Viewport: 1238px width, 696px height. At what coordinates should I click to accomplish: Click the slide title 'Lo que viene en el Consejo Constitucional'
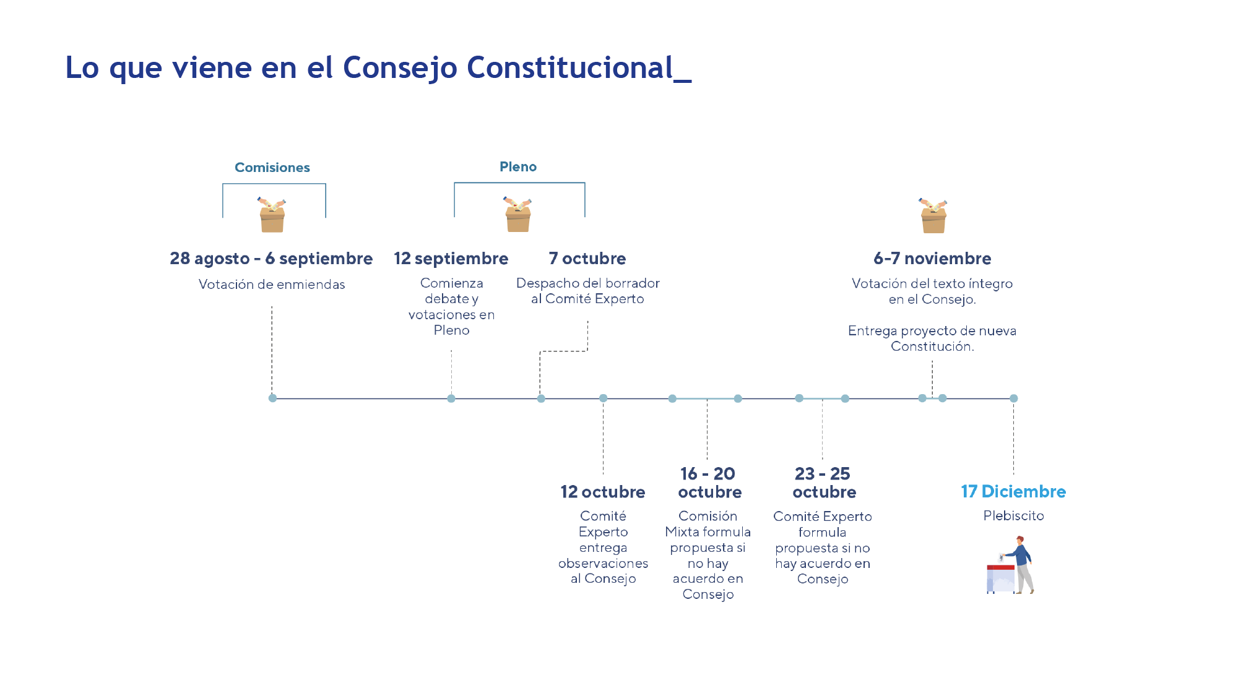pos(378,67)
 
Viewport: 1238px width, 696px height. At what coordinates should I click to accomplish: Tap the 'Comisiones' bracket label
pos(272,168)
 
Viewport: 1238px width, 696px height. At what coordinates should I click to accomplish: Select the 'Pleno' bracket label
pos(518,167)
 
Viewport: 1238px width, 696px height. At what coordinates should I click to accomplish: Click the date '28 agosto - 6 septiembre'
pos(271,259)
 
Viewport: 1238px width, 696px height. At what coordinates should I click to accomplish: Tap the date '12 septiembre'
pos(451,259)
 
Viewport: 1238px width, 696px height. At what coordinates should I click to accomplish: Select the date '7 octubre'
pos(587,259)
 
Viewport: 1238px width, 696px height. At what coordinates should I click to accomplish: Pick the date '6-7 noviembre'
pos(932,259)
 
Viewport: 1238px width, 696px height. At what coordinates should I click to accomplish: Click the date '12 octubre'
pos(603,492)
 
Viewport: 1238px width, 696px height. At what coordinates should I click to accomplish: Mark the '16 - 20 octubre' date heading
pos(709,483)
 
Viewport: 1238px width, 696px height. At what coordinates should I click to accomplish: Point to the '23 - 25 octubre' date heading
pos(824,483)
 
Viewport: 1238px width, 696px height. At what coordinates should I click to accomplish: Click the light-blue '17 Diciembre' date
pos(1013,492)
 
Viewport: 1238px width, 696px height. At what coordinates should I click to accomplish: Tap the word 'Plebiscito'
pos(1013,515)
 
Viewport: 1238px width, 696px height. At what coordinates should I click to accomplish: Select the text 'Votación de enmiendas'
pos(272,285)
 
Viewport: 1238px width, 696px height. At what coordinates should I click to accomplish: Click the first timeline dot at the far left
pos(272,398)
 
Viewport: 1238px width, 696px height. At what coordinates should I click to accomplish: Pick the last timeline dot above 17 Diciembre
pos(1013,398)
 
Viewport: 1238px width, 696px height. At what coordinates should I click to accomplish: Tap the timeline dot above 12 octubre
pos(604,398)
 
